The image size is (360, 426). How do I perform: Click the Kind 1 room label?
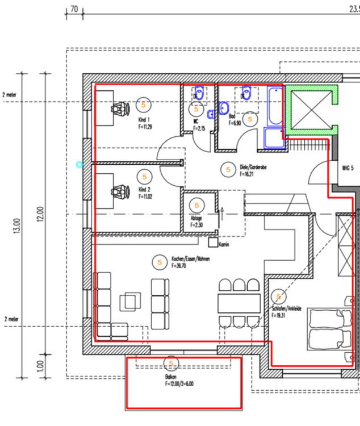144,120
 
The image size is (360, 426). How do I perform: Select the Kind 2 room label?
144,190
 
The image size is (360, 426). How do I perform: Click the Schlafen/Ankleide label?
286,309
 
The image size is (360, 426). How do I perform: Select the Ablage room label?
196,218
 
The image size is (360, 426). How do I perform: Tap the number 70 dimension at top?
73,9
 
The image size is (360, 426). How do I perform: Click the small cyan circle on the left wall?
79,165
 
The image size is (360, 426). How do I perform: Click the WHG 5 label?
348,169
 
